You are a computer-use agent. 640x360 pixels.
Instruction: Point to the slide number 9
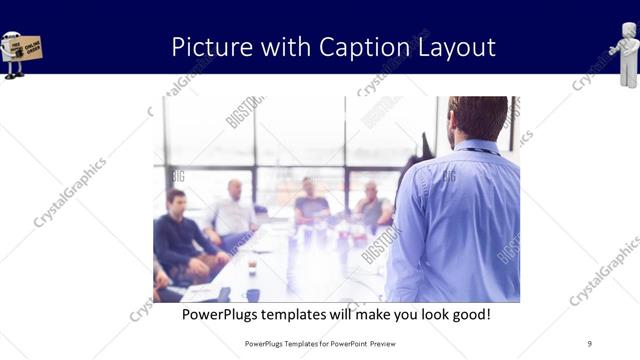click(x=589, y=344)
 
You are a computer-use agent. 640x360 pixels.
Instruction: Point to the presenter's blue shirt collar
click(x=478, y=148)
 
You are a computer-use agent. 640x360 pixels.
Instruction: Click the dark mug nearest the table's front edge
click(x=253, y=295)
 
